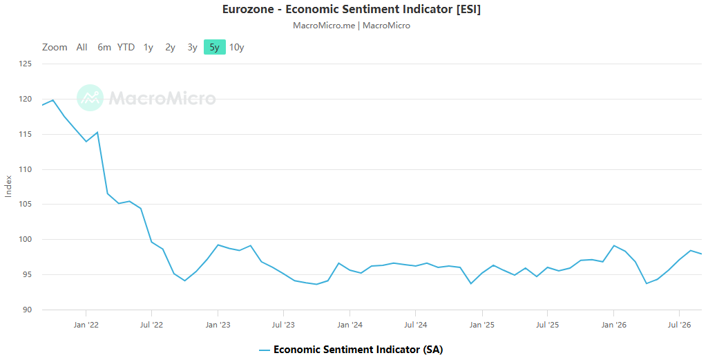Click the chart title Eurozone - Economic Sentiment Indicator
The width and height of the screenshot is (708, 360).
point(352,9)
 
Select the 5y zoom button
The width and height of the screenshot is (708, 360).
point(215,47)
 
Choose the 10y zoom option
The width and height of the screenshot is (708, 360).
point(237,47)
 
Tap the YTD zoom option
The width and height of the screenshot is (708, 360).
point(126,47)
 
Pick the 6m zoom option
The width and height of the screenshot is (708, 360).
point(104,47)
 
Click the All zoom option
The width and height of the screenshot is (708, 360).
point(82,47)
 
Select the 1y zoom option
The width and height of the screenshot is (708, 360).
point(148,47)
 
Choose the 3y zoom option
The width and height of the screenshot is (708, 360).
point(192,47)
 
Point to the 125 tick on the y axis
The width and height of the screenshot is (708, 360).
point(26,64)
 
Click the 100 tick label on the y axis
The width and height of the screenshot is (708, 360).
point(26,239)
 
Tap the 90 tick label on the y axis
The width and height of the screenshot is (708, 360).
point(27,310)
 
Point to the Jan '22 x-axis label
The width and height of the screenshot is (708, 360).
point(86,325)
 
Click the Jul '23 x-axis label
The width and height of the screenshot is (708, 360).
point(284,325)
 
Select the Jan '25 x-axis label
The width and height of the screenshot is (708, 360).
point(481,325)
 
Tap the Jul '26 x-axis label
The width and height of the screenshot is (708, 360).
point(679,325)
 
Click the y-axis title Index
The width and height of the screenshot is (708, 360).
point(8,186)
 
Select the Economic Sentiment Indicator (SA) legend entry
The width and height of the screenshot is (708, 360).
point(352,350)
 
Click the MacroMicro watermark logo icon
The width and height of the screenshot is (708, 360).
point(90,98)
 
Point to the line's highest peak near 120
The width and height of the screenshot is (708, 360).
point(52,100)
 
